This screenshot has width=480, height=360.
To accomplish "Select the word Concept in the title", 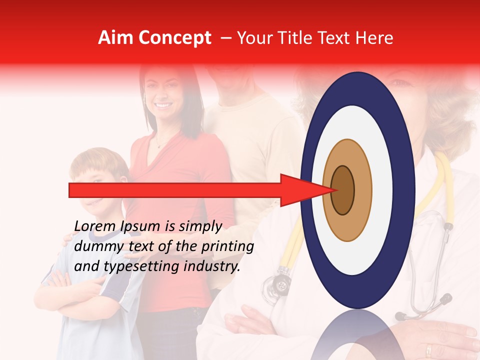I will [174, 38].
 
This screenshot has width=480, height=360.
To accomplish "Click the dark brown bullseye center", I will [343, 190].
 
